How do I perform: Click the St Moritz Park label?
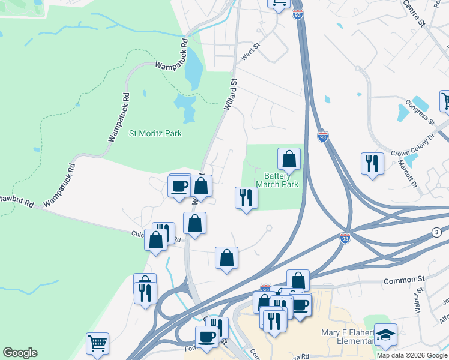pyautogui.click(x=155, y=133)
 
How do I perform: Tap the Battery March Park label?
pyautogui.click(x=277, y=181)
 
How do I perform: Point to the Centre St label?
pyautogui.click(x=414, y=13)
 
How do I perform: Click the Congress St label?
pyautogui.click(x=419, y=112)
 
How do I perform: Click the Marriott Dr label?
pyautogui.click(x=414, y=176)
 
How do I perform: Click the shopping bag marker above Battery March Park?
pyautogui.click(x=289, y=160)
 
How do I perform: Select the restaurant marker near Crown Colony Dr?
pyautogui.click(x=372, y=163)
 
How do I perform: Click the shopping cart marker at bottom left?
pyautogui.click(x=97, y=344)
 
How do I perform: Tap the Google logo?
pyautogui.click(x=20, y=353)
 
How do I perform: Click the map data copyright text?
pyautogui.click(x=412, y=355)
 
